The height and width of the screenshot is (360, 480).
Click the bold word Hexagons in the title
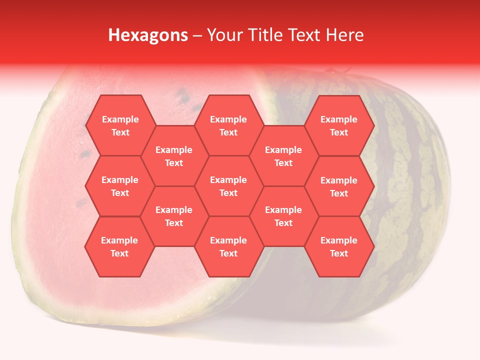pos(148,35)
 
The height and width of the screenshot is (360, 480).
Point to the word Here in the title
pos(344,35)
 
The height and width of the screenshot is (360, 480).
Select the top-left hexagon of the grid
pos(120,125)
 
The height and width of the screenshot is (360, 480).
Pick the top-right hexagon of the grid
pos(339,125)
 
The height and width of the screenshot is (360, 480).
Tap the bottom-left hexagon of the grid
pos(119,246)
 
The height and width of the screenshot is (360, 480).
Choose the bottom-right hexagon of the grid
pos(339,246)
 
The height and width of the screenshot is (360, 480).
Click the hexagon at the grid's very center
pos(228,186)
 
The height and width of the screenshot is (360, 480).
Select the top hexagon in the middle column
pos(228,125)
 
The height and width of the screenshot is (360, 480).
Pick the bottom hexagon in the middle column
pos(228,246)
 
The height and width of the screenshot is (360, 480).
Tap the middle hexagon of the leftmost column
pos(120,186)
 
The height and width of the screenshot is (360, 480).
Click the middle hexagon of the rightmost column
pos(339,186)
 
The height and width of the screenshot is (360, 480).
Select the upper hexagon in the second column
pos(174,156)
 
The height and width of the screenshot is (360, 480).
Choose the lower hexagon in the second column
pos(174,216)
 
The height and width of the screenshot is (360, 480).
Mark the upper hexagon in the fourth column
pos(283,156)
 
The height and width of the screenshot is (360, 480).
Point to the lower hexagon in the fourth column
pos(283,216)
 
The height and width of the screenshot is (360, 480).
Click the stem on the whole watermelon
pos(330,71)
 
